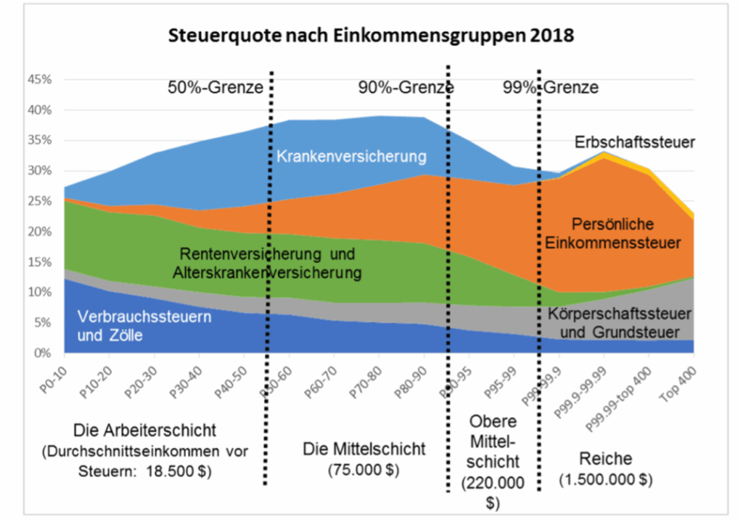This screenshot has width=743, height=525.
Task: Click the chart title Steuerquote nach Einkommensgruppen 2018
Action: point(371,35)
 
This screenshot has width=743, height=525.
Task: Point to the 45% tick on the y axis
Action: point(40,80)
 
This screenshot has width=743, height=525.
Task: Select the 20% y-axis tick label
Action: point(40,232)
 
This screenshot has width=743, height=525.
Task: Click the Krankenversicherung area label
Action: point(350,156)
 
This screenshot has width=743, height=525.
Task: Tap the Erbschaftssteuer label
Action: point(635,142)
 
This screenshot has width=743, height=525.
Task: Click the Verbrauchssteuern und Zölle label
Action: point(122,327)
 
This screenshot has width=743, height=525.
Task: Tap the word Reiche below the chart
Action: point(606,459)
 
